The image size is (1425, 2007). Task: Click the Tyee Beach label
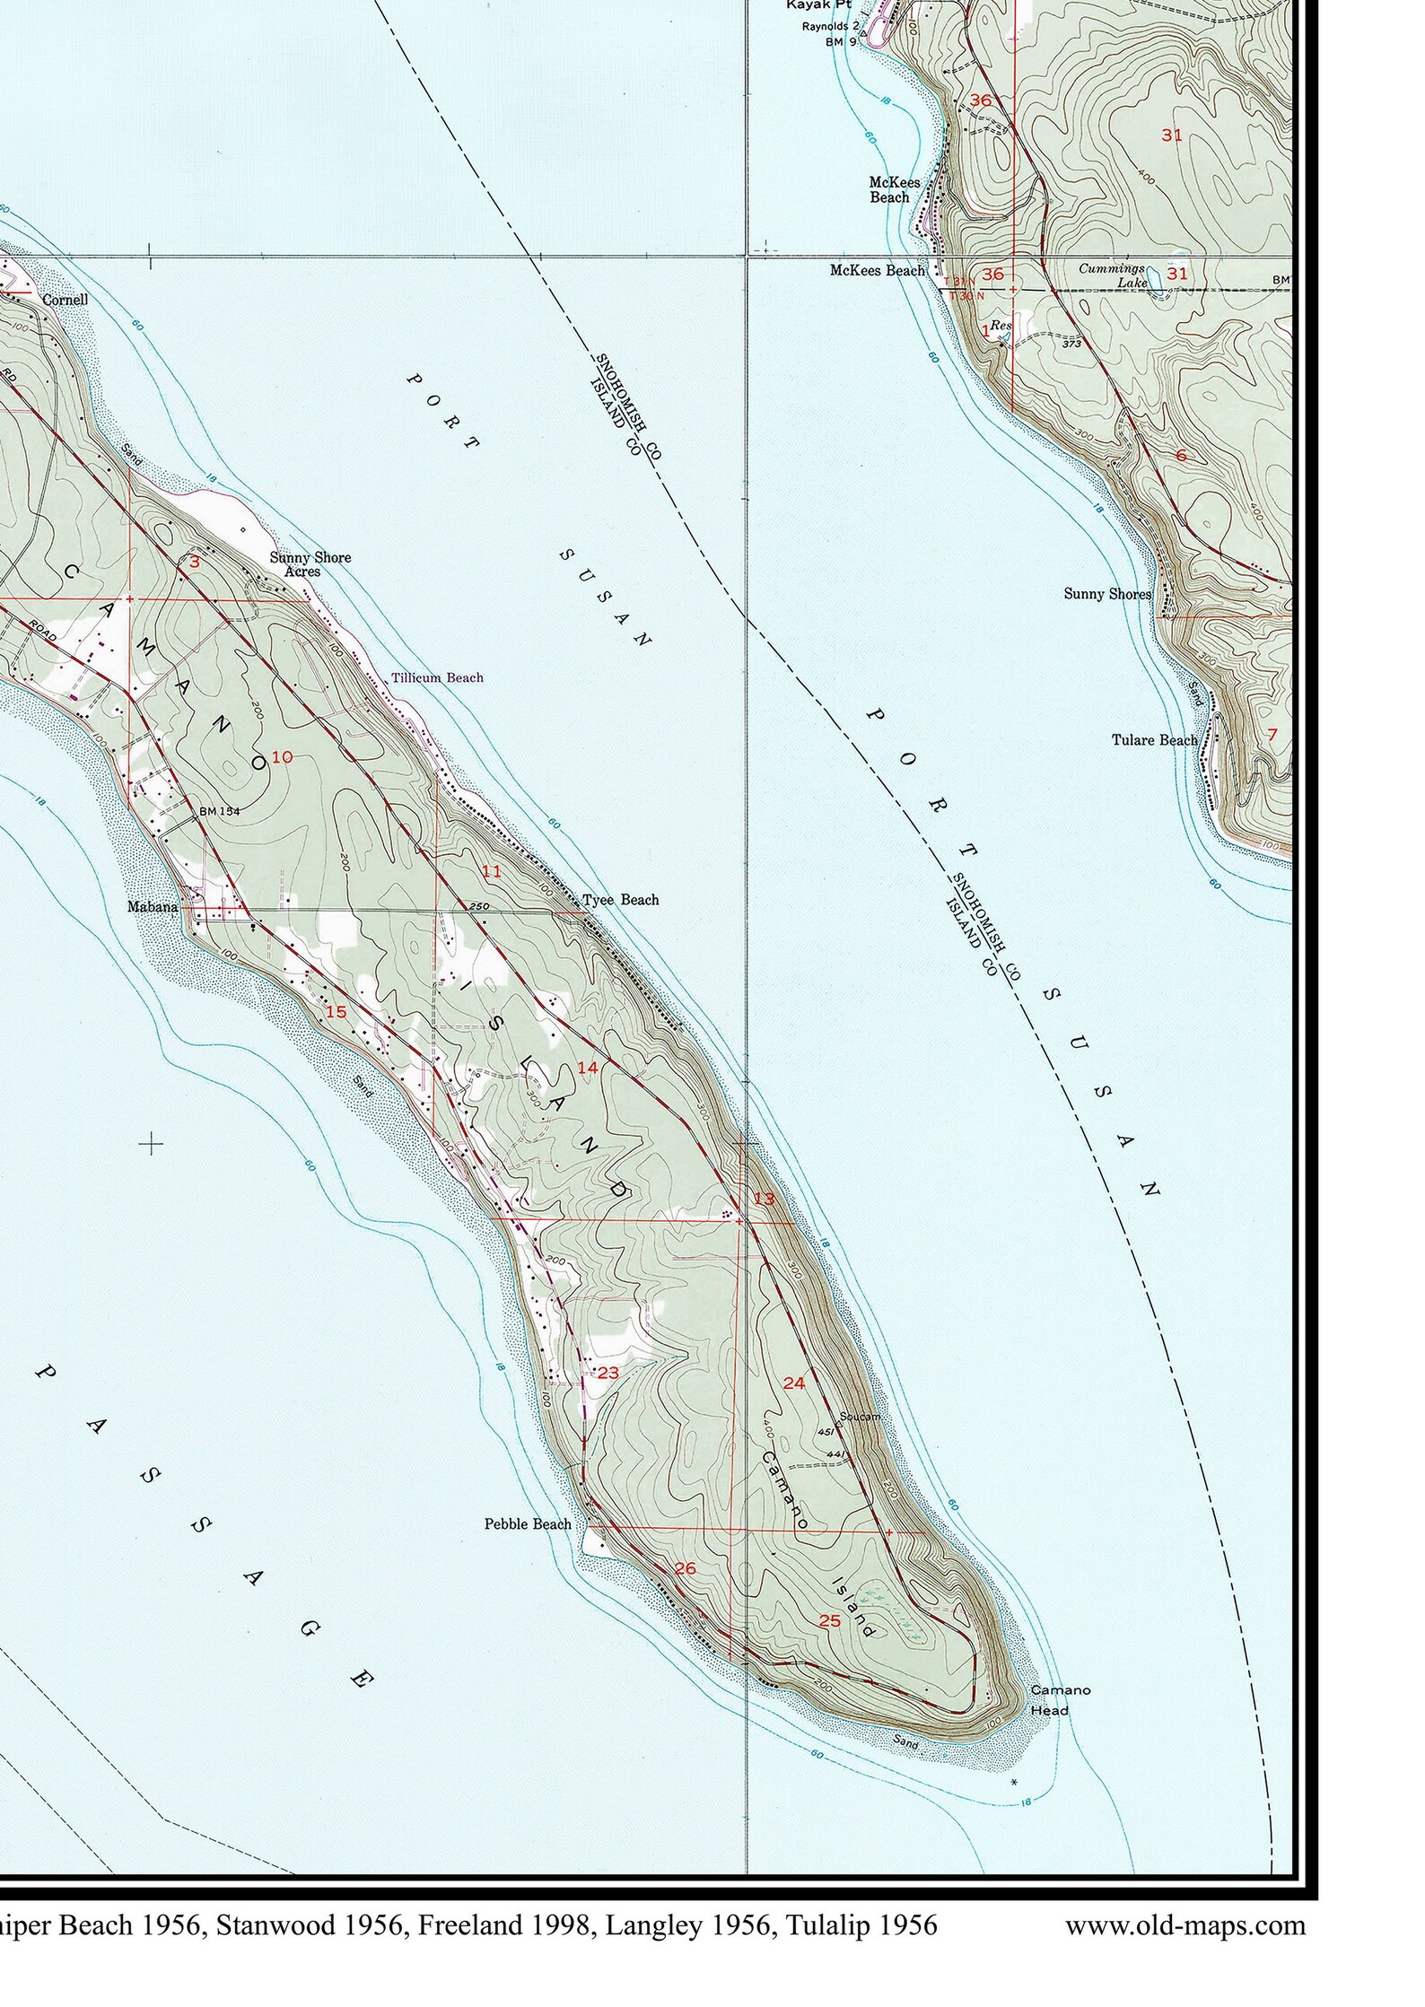point(620,900)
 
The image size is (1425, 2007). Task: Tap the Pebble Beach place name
point(528,1523)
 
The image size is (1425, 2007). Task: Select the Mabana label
point(153,907)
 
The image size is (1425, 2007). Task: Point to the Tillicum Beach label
point(437,677)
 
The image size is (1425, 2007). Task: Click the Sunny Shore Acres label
point(310,564)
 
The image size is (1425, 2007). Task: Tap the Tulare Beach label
point(1154,740)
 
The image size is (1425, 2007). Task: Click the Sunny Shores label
point(1106,594)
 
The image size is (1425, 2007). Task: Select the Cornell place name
point(65,300)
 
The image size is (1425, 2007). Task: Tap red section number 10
point(282,757)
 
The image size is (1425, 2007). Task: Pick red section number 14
point(587,1068)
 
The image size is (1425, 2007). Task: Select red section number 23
point(608,1373)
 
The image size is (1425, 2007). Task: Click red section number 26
point(686,1568)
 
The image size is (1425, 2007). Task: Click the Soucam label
point(859,1417)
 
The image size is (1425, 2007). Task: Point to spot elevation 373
point(1069,344)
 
